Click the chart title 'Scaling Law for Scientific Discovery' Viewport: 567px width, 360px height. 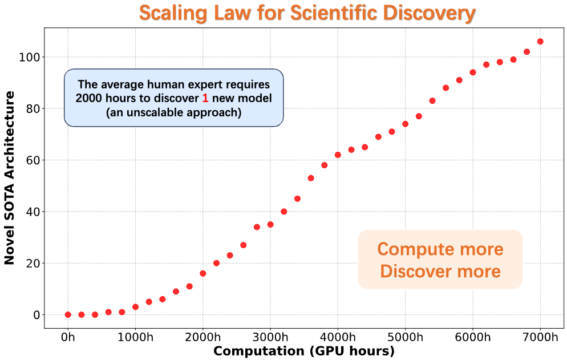[307, 13]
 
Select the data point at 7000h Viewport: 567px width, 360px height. [540, 42]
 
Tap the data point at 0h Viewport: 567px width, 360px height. [68, 314]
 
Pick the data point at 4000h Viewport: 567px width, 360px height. [338, 155]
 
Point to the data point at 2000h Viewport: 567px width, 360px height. [203, 273]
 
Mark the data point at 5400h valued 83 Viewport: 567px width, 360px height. [432, 100]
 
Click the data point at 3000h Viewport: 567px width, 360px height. [270, 224]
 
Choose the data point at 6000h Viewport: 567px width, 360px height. [473, 72]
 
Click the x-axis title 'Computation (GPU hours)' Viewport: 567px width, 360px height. [303, 351]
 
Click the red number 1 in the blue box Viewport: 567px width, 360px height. [205, 98]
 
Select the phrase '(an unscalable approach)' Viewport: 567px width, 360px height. [173, 112]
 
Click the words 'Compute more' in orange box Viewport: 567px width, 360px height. [440, 249]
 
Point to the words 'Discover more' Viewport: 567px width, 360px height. [440, 271]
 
